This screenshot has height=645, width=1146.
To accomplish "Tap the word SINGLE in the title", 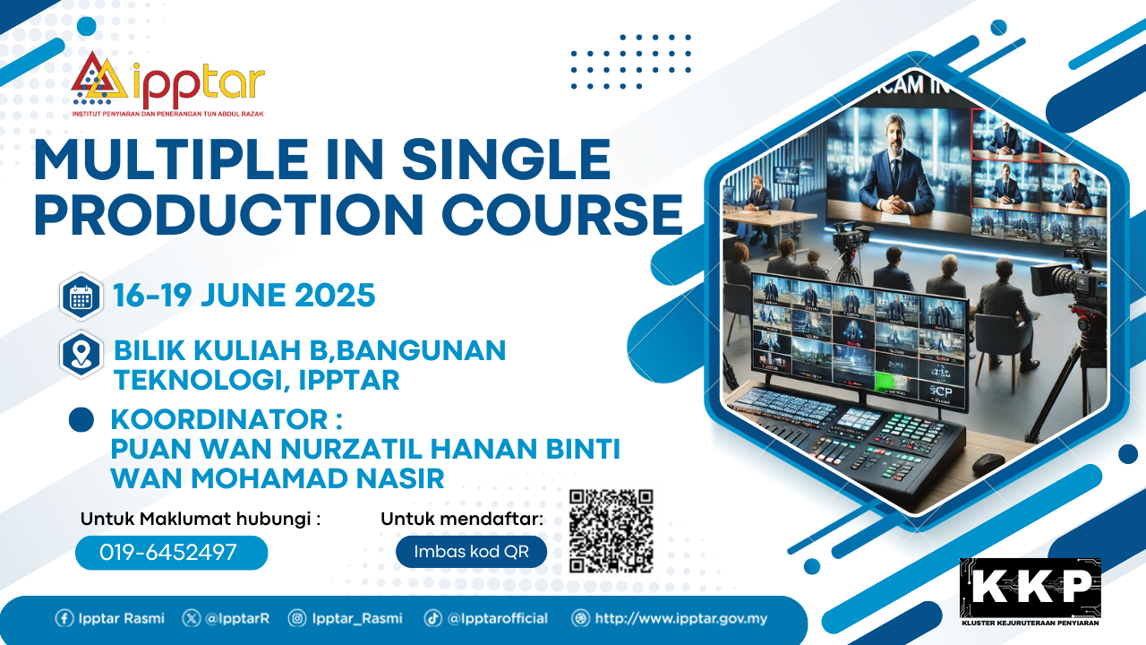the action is [506, 159].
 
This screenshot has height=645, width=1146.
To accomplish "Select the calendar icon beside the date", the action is [81, 297].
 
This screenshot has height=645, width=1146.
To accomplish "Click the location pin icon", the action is [81, 354].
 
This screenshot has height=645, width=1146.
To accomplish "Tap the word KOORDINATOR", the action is [219, 419].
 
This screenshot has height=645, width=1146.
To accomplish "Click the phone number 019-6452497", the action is [168, 553].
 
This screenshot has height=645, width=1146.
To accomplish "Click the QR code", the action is [611, 531].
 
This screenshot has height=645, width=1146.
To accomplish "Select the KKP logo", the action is [1030, 592].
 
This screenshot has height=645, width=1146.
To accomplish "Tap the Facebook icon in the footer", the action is [64, 618].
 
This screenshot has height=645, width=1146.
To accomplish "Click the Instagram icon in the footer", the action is [296, 618].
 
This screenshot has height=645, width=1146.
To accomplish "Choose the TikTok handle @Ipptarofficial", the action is [497, 618].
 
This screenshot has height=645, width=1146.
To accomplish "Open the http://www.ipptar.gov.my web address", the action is [681, 618].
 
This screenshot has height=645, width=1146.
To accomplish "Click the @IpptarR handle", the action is [237, 618].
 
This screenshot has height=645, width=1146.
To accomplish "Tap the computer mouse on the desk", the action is [988, 463].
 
